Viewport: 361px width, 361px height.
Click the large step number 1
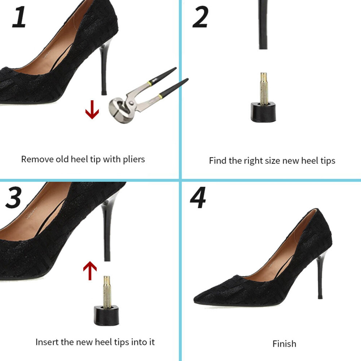click(19, 17)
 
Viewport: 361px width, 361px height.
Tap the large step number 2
click(200, 17)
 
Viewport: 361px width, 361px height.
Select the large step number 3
click(13, 197)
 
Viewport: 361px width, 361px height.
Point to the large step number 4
click(198, 197)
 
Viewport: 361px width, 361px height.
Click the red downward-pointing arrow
click(92, 110)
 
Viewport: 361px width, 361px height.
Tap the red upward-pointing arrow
click(90, 271)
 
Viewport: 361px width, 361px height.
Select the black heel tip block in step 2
click(263, 112)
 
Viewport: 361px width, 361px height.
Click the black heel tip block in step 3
click(106, 315)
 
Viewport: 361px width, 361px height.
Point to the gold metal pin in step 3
click(107, 292)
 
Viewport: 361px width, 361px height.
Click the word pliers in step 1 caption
click(134, 160)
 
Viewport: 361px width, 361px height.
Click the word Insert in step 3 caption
click(47, 342)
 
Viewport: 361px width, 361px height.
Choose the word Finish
click(284, 344)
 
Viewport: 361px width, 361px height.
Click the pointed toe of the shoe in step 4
click(195, 299)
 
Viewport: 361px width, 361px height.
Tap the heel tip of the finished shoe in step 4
click(320, 297)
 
